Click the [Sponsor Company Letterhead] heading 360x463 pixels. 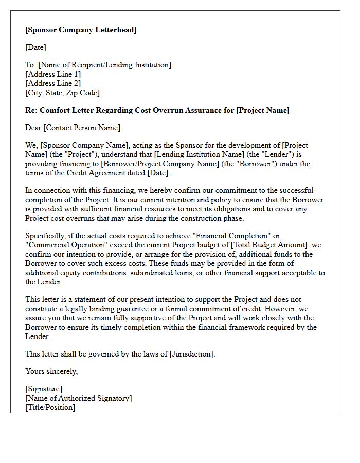[x=81, y=30]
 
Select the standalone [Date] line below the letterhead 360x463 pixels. [x=35, y=47]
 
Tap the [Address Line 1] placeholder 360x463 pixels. [x=53, y=74]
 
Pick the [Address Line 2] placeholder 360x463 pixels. [x=53, y=83]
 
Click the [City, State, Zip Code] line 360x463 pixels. [x=62, y=93]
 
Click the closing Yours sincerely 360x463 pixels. [x=51, y=371]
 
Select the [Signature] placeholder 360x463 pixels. [x=44, y=389]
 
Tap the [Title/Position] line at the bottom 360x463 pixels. [x=50, y=407]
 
